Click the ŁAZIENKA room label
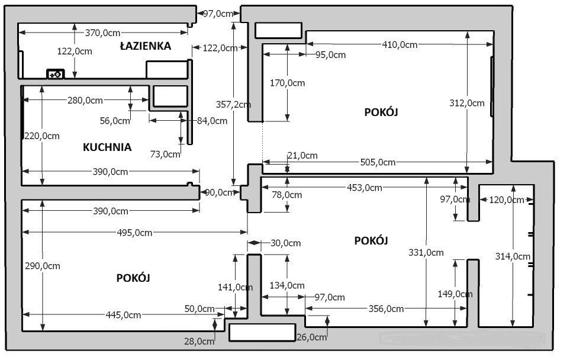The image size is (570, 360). [145, 46]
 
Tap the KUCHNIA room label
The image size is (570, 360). [107, 147]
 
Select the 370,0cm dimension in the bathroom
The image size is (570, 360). [104, 33]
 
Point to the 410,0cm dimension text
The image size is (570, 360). [400, 44]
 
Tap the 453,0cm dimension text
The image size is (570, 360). [364, 188]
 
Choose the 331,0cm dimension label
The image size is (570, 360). [426, 252]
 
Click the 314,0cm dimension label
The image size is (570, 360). [513, 256]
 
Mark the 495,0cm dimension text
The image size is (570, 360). [134, 233]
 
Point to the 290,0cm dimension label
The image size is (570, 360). [42, 266]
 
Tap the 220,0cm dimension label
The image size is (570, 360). [42, 136]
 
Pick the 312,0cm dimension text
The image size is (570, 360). [466, 102]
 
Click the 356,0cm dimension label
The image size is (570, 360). [386, 308]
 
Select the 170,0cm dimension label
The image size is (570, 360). [287, 83]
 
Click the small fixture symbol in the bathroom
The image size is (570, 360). [55, 74]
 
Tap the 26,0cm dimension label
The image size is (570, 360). [311, 337]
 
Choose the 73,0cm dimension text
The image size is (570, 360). [165, 154]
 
